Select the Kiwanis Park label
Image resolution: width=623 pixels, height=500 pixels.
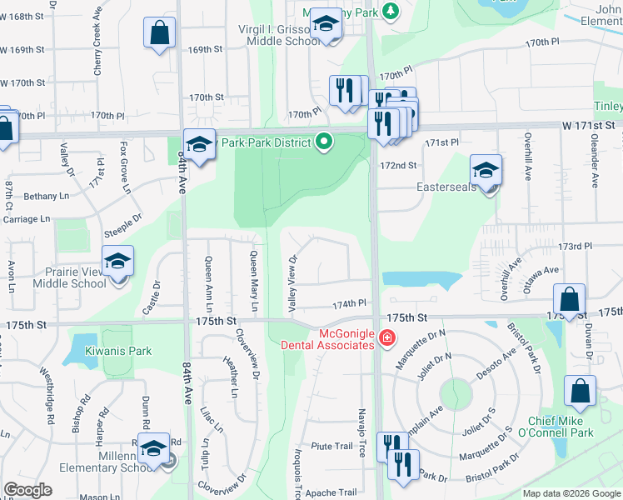pyautogui.click(x=117, y=351)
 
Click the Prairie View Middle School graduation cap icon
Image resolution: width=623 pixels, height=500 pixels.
pyautogui.click(x=117, y=261)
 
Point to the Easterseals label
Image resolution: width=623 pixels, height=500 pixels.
pyautogui.click(x=446, y=187)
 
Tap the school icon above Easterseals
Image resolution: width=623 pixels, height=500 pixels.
pyautogui.click(x=486, y=171)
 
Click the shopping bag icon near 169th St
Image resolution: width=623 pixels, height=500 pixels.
pyautogui.click(x=159, y=34)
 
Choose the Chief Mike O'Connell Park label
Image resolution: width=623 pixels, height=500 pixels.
pyautogui.click(x=571, y=427)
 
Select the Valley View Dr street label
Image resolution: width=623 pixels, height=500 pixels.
pyautogui.click(x=292, y=284)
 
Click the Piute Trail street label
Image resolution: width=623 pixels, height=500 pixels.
pyautogui.click(x=332, y=446)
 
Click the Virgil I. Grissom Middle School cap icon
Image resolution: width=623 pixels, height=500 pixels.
pyautogui.click(x=327, y=24)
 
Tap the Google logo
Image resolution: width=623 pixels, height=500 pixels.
pyautogui.click(x=27, y=490)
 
